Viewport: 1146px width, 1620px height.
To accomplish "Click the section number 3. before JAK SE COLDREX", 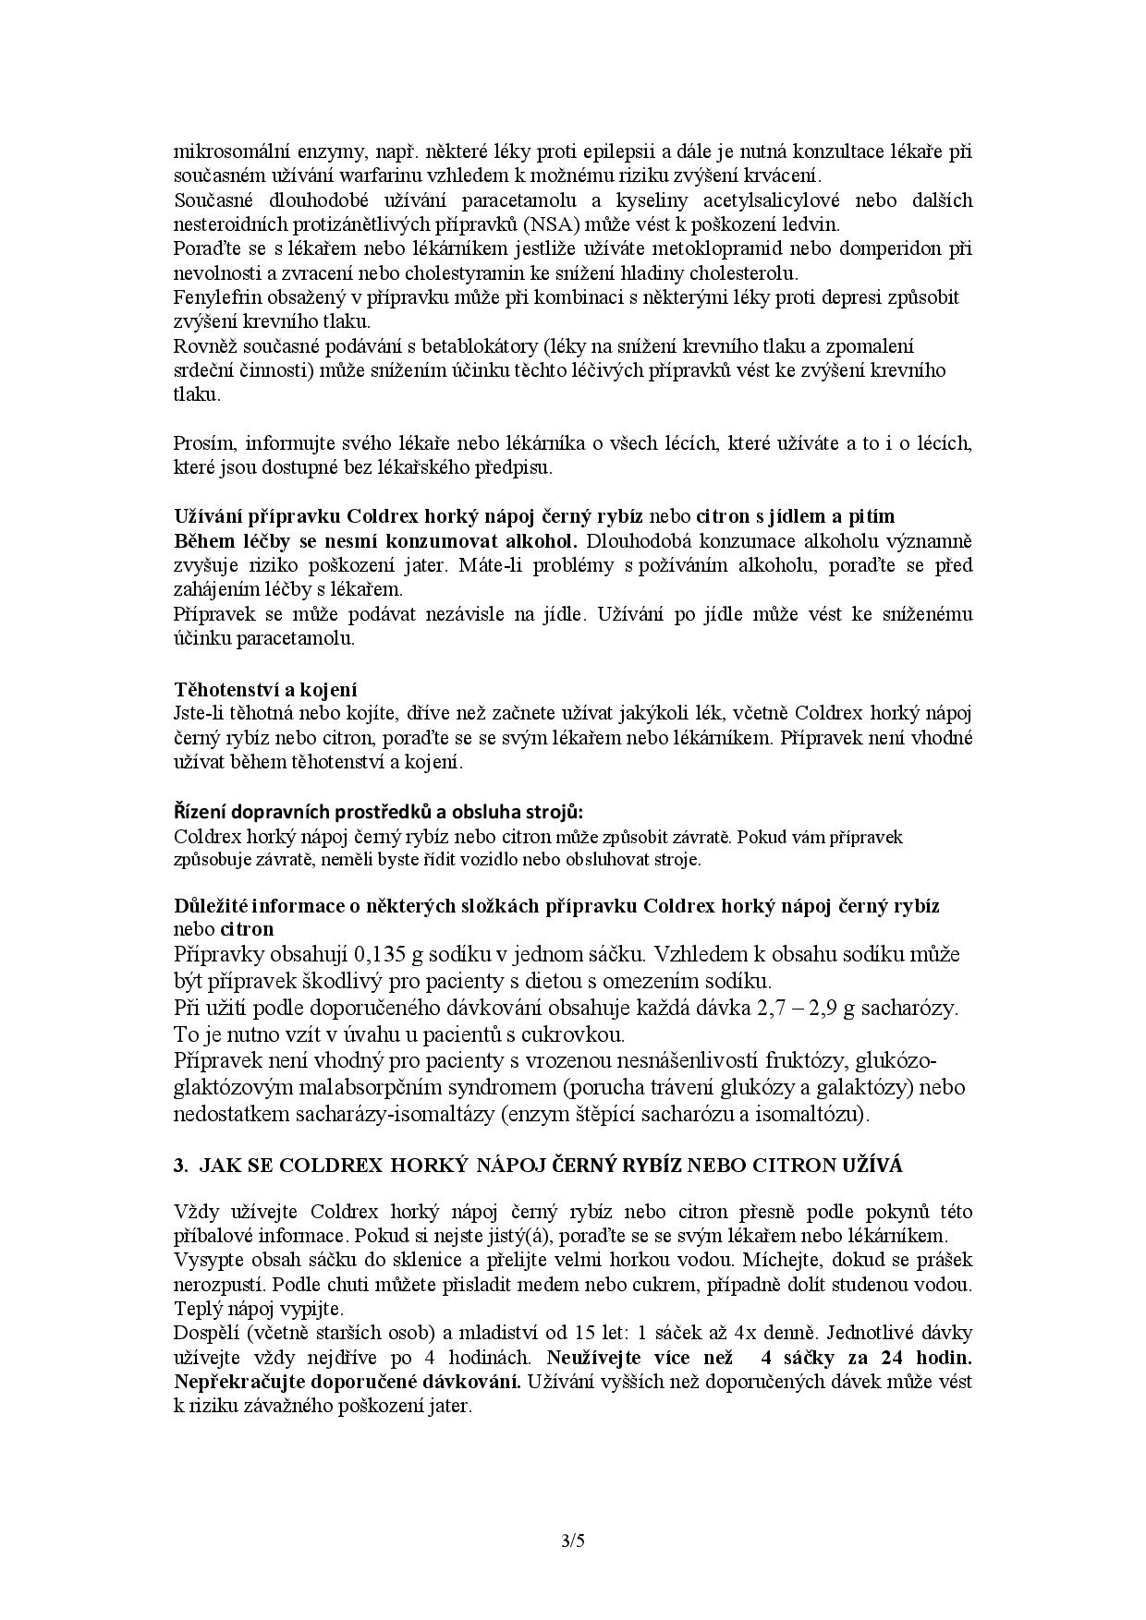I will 180,1166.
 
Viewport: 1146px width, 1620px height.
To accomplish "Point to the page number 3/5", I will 573,1540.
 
